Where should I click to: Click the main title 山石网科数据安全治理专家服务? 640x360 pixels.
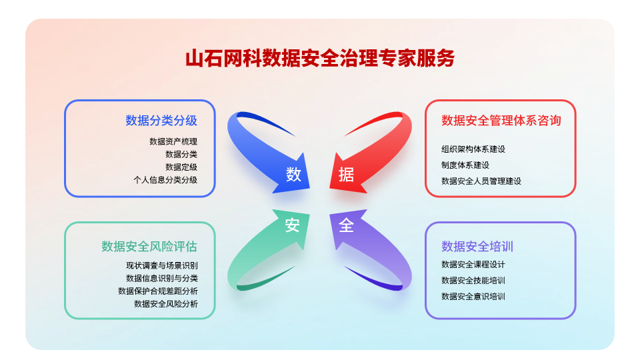pos(320,58)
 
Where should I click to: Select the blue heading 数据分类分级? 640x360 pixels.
pos(161,121)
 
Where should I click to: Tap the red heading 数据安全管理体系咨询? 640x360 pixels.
pos(501,121)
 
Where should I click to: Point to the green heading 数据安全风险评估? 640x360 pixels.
pos(149,246)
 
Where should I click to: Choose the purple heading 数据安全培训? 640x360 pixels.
pos(477,246)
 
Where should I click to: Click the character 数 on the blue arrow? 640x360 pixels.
pos(293,174)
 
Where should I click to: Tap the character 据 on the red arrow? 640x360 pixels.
pos(346,175)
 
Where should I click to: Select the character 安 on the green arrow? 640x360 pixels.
pos(292,225)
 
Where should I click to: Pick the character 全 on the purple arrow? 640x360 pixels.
pos(346,225)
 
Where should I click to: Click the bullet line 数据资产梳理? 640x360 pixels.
pos(173,141)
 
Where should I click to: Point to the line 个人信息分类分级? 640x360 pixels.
pos(165,179)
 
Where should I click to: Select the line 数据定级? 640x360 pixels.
pos(181,167)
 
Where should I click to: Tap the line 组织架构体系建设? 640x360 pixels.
pos(473,149)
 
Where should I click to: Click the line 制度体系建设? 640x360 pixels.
pos(465,165)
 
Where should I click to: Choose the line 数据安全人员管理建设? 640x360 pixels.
pos(481,181)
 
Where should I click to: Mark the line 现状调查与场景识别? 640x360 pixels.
pos(161,265)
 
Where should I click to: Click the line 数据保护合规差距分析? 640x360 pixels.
pos(157,291)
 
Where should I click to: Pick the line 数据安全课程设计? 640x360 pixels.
pos(473,265)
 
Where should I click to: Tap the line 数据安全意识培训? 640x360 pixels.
pos(473,296)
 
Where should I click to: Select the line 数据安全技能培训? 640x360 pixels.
pos(473,281)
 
